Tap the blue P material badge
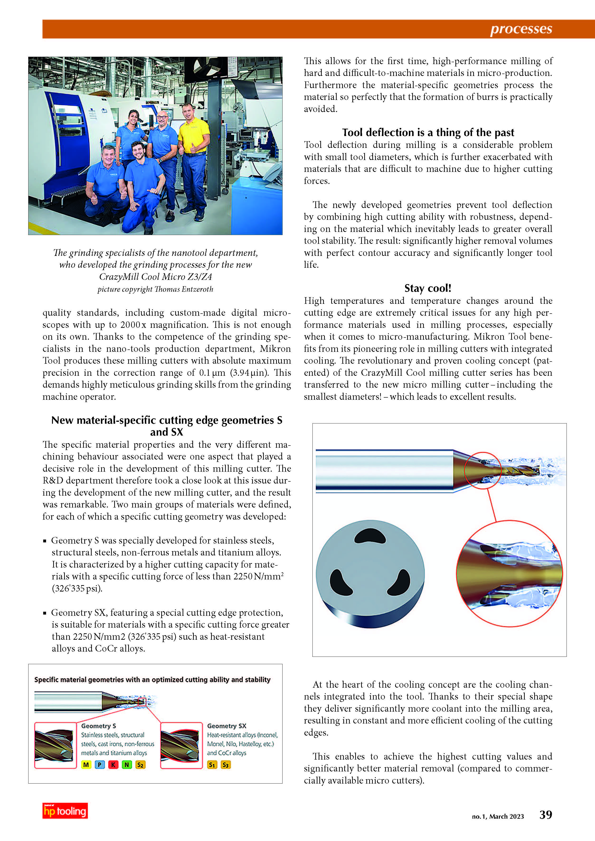[100, 765]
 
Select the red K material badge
[113, 765]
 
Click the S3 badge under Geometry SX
[226, 765]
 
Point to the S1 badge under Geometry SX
[212, 765]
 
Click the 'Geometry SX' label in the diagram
[227, 726]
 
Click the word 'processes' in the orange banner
[521, 29]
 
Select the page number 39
[546, 815]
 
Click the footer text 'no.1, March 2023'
[498, 817]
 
